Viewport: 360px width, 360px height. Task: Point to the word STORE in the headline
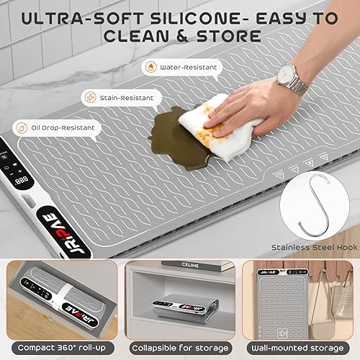(x=229, y=35)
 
